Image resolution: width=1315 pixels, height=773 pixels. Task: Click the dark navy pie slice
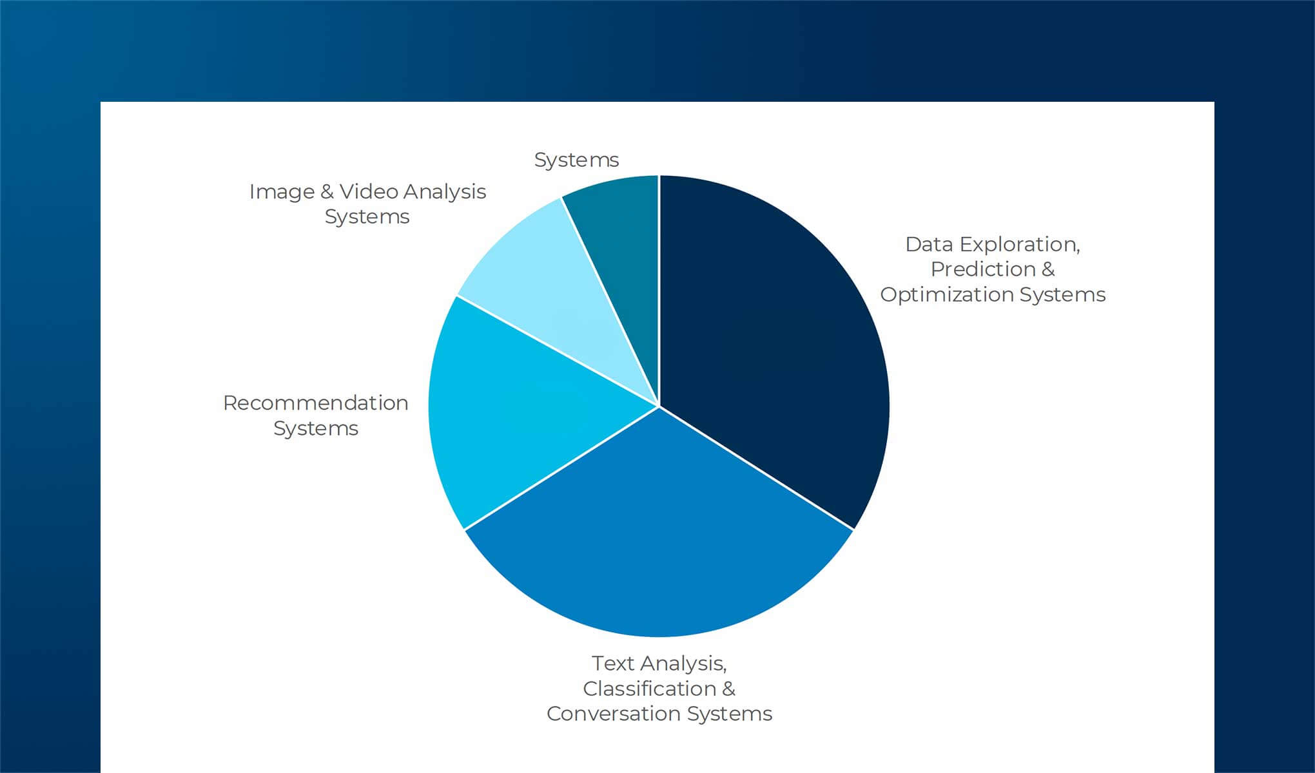[774, 348]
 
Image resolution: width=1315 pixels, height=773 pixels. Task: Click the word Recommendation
[315, 403]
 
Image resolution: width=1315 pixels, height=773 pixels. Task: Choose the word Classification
[649, 689]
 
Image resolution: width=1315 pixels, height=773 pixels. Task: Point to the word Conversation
[613, 714]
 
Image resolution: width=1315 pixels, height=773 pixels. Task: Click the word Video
[364, 192]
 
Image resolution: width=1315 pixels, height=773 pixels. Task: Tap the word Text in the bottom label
[613, 663]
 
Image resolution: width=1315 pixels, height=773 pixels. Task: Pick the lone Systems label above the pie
[576, 160]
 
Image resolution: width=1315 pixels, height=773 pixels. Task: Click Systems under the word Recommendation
[315, 428]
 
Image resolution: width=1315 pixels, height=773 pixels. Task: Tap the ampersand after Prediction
[1047, 269]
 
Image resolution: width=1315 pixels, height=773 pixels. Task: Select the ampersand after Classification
[728, 689]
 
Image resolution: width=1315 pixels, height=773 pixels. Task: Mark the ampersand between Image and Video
[327, 192]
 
